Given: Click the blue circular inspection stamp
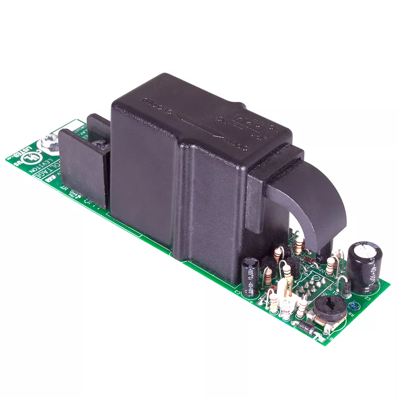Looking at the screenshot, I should [352, 306].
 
